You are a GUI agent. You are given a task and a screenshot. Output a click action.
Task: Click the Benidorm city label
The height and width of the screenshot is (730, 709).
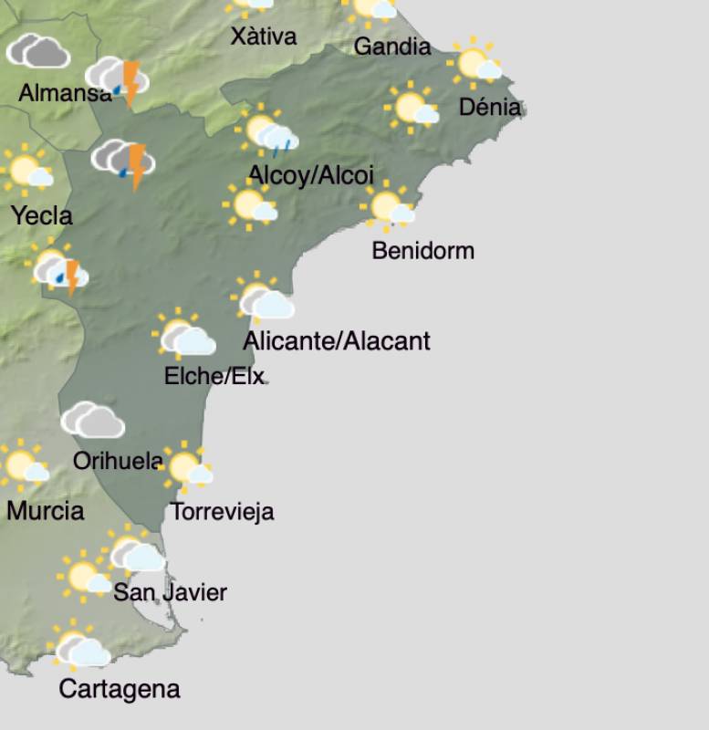pyautogui.click(x=422, y=250)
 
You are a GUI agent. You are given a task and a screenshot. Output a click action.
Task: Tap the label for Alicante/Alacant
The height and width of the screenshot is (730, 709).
pyautogui.click(x=337, y=341)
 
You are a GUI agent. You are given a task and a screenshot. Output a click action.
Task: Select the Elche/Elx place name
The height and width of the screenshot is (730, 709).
pyautogui.click(x=214, y=375)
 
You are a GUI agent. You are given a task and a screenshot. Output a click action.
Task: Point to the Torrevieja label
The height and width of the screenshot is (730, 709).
pyautogui.click(x=223, y=512)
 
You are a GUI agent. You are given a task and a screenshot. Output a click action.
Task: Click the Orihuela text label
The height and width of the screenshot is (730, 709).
pyautogui.click(x=118, y=461)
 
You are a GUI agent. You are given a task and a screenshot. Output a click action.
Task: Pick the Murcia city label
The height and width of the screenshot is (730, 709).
pyautogui.click(x=45, y=510)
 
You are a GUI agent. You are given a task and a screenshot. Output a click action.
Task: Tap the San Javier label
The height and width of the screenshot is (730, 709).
pyautogui.click(x=170, y=592)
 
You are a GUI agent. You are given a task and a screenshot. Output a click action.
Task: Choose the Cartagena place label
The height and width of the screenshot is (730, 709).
pyautogui.click(x=119, y=689)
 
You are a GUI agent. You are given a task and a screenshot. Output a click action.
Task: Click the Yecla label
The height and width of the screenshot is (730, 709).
pyautogui.click(x=41, y=215)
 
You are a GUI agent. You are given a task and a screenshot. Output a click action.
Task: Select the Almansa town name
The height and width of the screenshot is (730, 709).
pyautogui.click(x=65, y=93)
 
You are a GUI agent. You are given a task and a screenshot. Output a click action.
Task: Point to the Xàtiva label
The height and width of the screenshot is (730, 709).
pyautogui.click(x=264, y=36)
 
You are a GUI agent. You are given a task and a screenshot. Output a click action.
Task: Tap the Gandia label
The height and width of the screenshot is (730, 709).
pyautogui.click(x=391, y=46)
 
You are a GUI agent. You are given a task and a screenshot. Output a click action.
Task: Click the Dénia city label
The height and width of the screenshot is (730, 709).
pyautogui.click(x=490, y=107)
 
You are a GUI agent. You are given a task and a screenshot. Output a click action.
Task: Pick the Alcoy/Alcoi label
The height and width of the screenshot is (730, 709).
pyautogui.click(x=311, y=175)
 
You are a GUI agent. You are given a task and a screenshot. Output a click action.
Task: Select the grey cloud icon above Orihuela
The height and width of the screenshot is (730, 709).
pyautogui.click(x=92, y=421)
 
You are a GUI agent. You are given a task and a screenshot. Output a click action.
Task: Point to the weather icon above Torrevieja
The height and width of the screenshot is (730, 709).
pyautogui.click(x=187, y=467)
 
